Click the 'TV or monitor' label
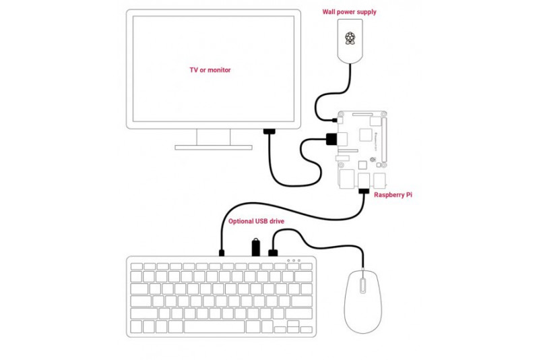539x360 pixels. (x=210, y=69)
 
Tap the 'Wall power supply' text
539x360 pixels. (x=349, y=11)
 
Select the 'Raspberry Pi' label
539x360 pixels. (x=393, y=194)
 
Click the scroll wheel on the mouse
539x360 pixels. (x=362, y=284)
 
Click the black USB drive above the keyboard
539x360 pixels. (x=256, y=246)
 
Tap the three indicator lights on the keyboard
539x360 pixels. (x=293, y=260)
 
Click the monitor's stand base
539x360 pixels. (x=214, y=146)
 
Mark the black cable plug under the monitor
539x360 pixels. (x=269, y=131)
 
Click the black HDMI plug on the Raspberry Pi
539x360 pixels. (x=331, y=140)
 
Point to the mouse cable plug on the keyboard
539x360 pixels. (x=274, y=253)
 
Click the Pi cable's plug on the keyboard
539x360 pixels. (x=221, y=253)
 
